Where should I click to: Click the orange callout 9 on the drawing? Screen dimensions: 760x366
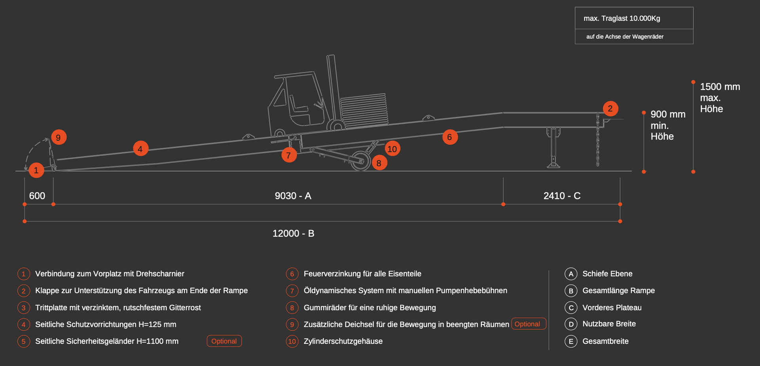click(59, 137)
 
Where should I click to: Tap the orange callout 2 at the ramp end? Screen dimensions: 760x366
click(610, 108)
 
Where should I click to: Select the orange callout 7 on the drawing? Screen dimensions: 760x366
click(289, 155)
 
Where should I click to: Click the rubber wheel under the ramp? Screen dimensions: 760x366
click(361, 161)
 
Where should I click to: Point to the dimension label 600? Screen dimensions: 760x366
click(37, 196)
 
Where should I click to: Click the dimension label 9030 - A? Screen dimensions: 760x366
click(293, 196)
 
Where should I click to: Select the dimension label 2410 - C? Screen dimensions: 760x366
click(562, 196)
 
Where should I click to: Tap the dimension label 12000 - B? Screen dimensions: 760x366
click(293, 233)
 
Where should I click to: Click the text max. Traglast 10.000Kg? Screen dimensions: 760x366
click(622, 18)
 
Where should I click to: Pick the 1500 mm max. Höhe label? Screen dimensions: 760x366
click(720, 98)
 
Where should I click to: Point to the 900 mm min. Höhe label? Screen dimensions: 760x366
click(668, 125)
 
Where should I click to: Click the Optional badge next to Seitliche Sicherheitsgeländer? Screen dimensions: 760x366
click(224, 341)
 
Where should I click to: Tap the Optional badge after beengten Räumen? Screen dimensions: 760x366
click(529, 324)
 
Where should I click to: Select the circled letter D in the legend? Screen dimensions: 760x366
click(571, 324)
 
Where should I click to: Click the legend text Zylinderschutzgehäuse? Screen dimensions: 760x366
click(343, 341)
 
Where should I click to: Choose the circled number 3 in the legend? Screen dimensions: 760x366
click(24, 308)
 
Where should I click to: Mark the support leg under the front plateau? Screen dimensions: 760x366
click(553, 147)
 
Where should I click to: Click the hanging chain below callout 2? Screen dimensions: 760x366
click(598, 140)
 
